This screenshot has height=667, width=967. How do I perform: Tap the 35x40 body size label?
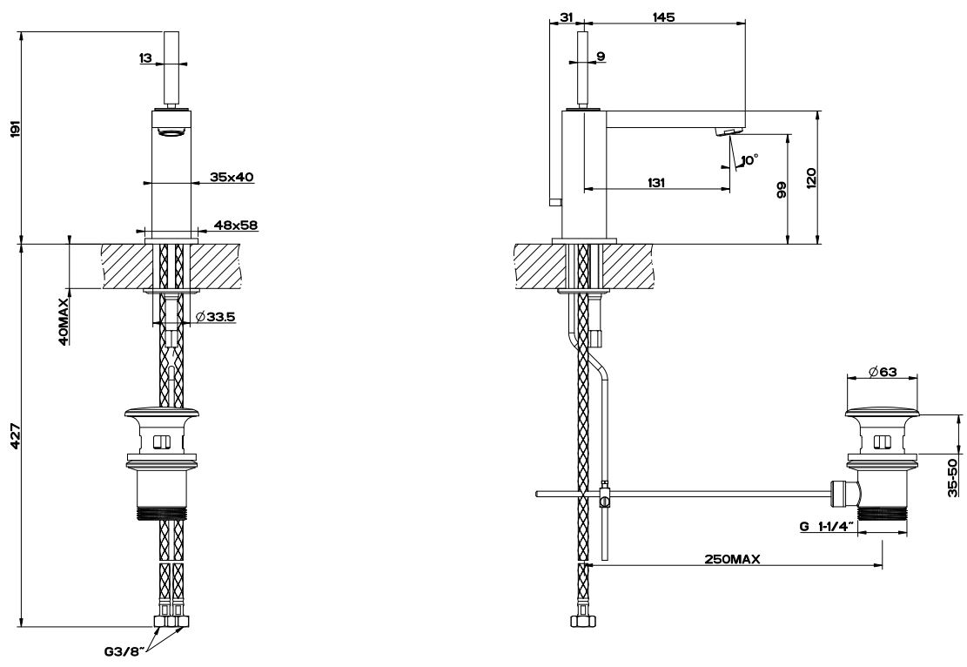point(232,177)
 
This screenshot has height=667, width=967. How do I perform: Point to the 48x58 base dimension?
point(235,225)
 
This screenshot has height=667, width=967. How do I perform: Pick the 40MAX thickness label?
point(64,324)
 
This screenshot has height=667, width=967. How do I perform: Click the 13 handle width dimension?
point(145,58)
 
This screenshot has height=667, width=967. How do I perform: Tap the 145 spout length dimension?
point(662,17)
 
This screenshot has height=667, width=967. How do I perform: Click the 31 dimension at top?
point(566,17)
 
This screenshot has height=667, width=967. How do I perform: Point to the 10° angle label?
point(748,159)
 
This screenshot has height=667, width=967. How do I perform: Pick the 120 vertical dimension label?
point(810,179)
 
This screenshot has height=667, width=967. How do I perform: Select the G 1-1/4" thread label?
point(826,527)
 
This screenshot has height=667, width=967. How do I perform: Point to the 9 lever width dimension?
point(601,57)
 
